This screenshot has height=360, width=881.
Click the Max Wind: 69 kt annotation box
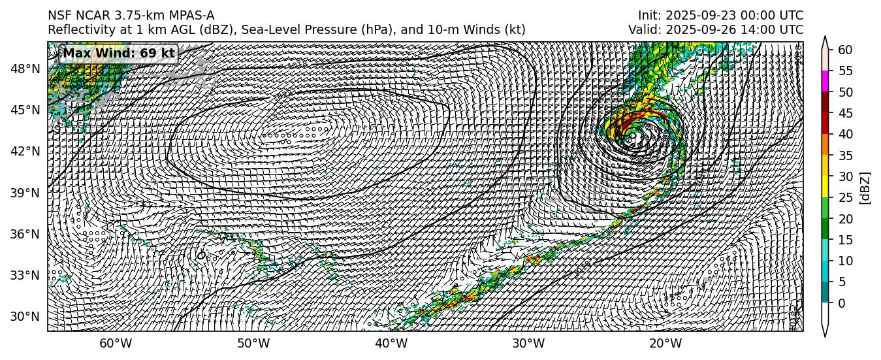click(x=118, y=54)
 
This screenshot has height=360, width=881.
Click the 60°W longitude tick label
click(x=116, y=344)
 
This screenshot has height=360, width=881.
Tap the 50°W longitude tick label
click(x=253, y=344)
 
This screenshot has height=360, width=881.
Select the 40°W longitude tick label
click(x=391, y=344)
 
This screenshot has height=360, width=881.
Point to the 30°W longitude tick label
click(x=528, y=344)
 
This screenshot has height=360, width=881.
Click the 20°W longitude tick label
click(x=666, y=344)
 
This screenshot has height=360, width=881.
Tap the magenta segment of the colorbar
click(x=825, y=81)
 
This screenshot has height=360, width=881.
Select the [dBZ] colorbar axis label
click(x=865, y=188)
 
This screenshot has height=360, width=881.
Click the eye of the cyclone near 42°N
click(x=631, y=136)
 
